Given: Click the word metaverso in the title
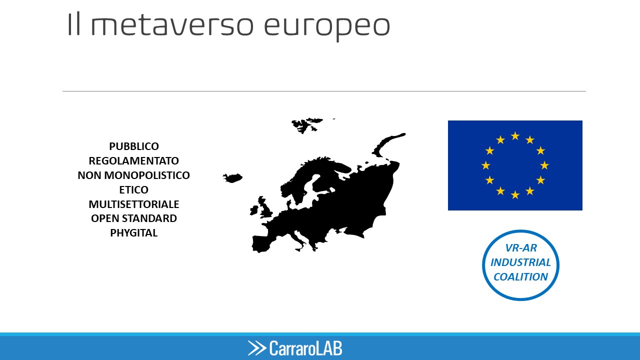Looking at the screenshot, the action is tap(172, 25).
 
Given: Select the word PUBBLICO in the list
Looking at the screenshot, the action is tap(134, 146).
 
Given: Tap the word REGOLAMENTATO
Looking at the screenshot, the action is tap(133, 161).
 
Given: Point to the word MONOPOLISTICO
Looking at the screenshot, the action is tap(147, 175).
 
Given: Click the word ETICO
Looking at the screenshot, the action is tap(133, 189).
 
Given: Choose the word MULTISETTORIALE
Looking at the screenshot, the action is tap(133, 204).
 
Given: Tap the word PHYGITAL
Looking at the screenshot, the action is tap(133, 233).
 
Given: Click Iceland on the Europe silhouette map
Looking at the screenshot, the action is tap(232, 178).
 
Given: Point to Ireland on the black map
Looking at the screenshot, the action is tap(254, 210).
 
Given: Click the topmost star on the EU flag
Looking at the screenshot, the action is tap(515, 135).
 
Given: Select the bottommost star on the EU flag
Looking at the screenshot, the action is tap(515, 195).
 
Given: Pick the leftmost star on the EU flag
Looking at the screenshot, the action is tap(485, 165).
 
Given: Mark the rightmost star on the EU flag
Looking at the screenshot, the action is tap(544, 165).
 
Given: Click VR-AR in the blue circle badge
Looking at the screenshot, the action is tap(521, 248).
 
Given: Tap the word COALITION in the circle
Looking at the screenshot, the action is tap(520, 277).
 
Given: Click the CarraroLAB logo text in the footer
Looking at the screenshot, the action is tap(305, 348).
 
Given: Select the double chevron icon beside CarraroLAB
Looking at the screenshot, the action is tap(257, 348).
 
